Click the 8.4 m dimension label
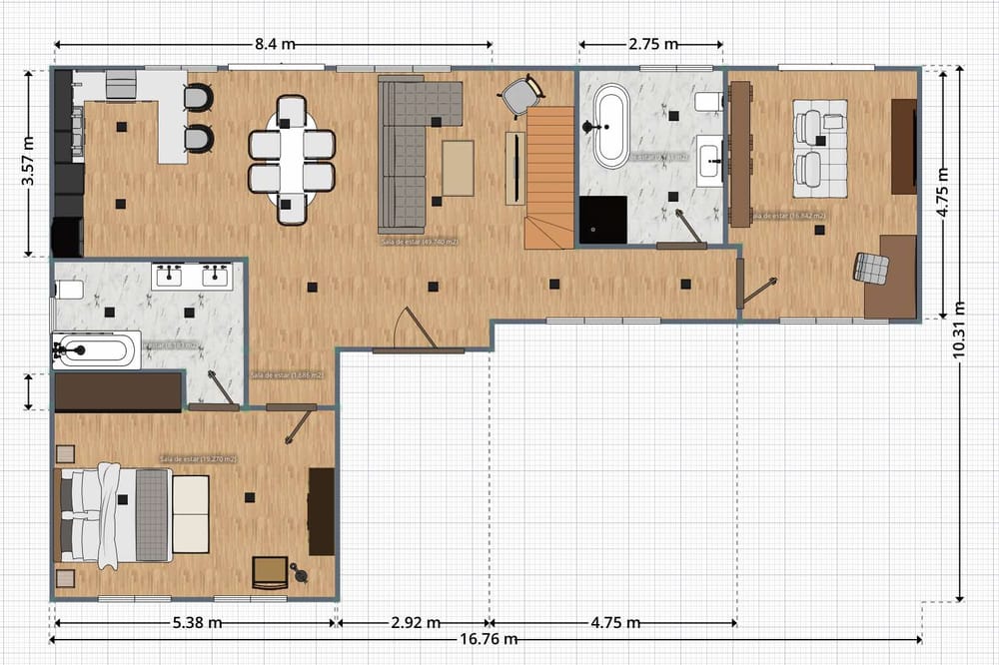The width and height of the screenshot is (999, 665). point(275,44)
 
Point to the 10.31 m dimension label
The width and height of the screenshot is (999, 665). point(959,330)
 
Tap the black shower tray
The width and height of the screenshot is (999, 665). point(603,220)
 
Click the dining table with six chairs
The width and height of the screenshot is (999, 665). point(291,160)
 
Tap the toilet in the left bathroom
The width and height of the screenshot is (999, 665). point(68,290)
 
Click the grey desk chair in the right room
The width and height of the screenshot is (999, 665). point(870,268)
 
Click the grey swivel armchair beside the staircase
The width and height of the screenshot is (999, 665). point(518,95)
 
